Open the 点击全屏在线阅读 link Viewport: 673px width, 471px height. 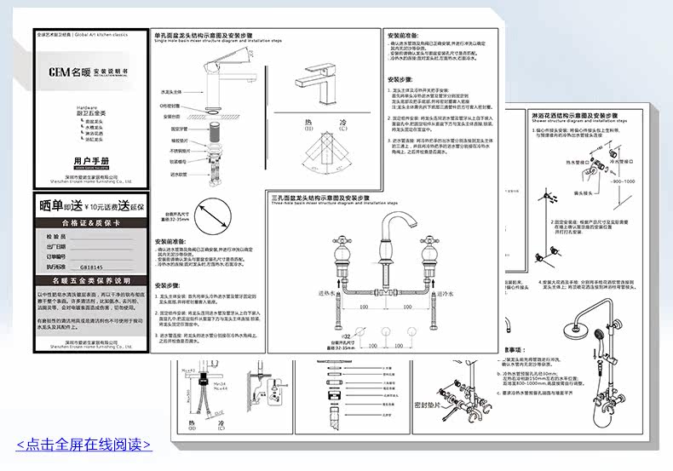click(x=83, y=445)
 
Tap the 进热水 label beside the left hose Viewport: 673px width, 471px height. click(x=327, y=292)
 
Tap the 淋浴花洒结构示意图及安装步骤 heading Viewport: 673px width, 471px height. click(x=572, y=113)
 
